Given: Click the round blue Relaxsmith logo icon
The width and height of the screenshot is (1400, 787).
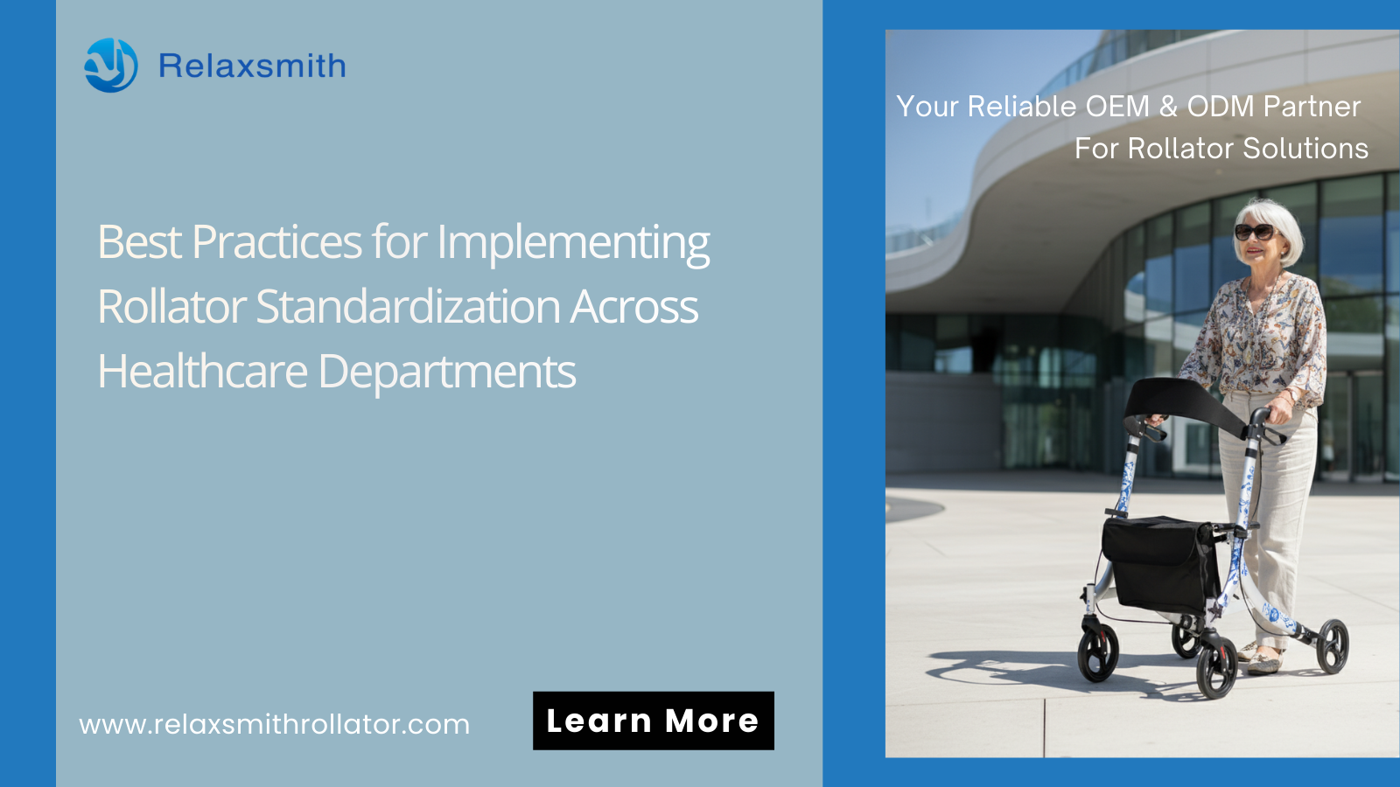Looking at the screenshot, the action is [110, 65].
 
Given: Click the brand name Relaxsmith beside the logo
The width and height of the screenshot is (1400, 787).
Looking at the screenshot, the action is [252, 66].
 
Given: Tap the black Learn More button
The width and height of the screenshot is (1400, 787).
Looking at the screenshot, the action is [653, 721].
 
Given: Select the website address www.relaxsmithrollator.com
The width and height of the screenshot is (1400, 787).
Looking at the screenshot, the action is [275, 725].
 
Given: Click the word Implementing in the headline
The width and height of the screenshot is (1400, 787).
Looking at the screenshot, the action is [573, 243].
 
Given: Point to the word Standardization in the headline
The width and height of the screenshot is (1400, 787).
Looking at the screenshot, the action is [408, 307].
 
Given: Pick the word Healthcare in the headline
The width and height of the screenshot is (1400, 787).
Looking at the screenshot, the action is [202, 371].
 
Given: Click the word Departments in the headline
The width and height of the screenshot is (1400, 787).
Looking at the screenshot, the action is [447, 373].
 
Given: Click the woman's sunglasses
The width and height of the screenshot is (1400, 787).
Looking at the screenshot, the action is [1255, 233].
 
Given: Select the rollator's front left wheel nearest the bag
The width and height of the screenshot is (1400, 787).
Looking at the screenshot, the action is [1097, 651].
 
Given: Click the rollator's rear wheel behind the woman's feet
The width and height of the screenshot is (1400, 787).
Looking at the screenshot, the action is [1333, 646].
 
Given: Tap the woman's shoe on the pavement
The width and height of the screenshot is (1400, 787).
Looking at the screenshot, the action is [1263, 661].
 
